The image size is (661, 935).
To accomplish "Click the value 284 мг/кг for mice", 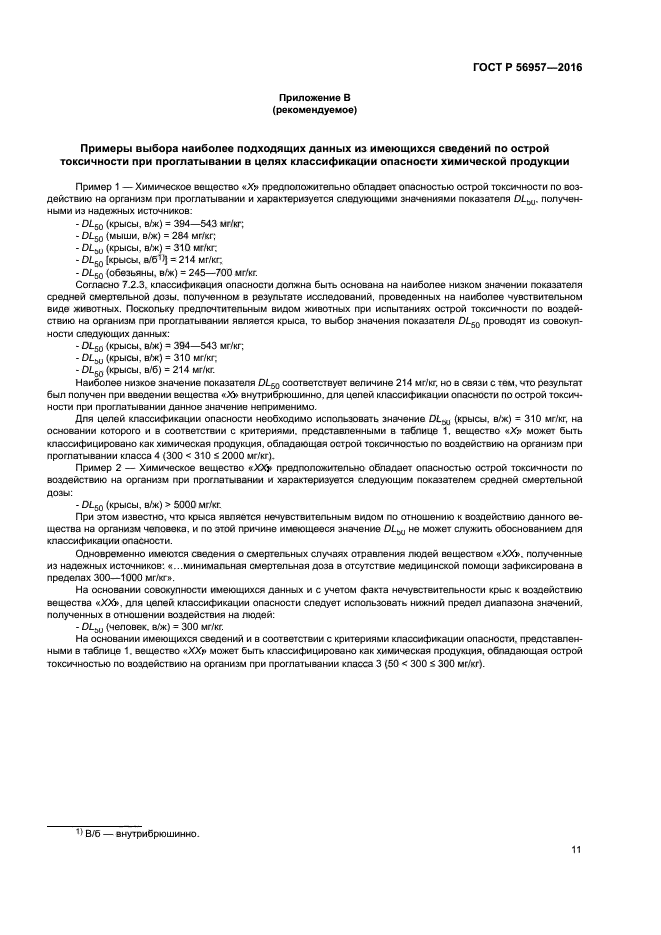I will pos(193,234).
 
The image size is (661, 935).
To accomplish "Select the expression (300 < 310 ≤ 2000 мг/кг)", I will pos(214,459).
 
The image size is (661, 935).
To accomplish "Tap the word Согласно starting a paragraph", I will pos(95,283).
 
